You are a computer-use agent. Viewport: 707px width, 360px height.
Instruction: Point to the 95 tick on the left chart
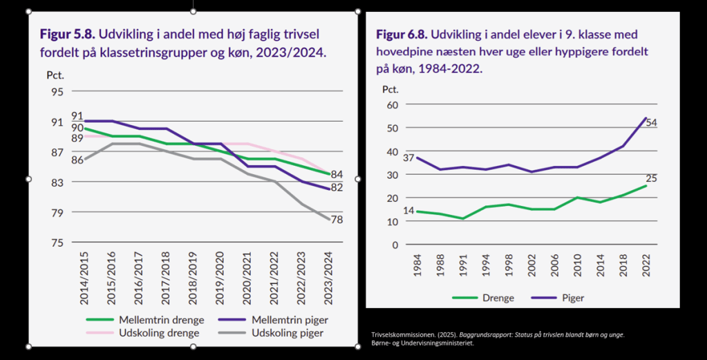click(x=56, y=92)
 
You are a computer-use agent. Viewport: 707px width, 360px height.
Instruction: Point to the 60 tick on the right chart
click(x=392, y=105)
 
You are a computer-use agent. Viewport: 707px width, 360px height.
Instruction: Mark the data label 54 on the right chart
click(x=651, y=122)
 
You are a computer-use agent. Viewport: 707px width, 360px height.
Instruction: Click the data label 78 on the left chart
click(x=336, y=220)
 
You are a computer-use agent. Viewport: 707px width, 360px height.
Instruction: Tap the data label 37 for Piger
click(x=408, y=158)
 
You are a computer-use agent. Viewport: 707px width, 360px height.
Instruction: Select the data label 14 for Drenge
click(x=408, y=210)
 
